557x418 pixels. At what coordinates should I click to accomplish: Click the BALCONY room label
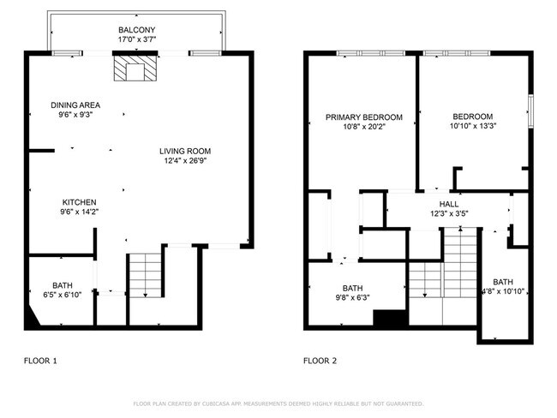137,29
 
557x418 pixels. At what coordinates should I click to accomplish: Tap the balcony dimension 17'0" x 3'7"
137,39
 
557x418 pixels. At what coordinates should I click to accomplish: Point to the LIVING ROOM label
184,151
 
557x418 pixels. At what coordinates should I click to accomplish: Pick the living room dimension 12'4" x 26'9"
184,160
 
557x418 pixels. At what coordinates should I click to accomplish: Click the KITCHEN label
78,202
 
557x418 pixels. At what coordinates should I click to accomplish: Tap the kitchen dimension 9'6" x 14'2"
78,212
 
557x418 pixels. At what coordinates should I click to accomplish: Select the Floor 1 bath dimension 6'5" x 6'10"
63,295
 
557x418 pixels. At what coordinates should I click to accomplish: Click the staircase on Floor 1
145,275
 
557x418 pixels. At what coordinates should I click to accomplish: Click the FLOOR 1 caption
40,361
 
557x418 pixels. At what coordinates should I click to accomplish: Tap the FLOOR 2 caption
320,361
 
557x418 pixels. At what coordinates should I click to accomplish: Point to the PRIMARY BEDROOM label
363,116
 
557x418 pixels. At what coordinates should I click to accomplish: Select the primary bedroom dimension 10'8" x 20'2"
363,127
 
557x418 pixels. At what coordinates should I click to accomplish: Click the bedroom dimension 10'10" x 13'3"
473,127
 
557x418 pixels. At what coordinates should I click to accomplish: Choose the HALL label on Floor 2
449,204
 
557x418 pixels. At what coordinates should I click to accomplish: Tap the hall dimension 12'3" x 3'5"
449,213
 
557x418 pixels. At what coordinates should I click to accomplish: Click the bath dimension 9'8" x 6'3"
352,298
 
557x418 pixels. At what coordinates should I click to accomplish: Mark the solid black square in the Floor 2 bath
387,318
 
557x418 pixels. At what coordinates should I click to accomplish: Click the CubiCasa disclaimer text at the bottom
278,402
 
